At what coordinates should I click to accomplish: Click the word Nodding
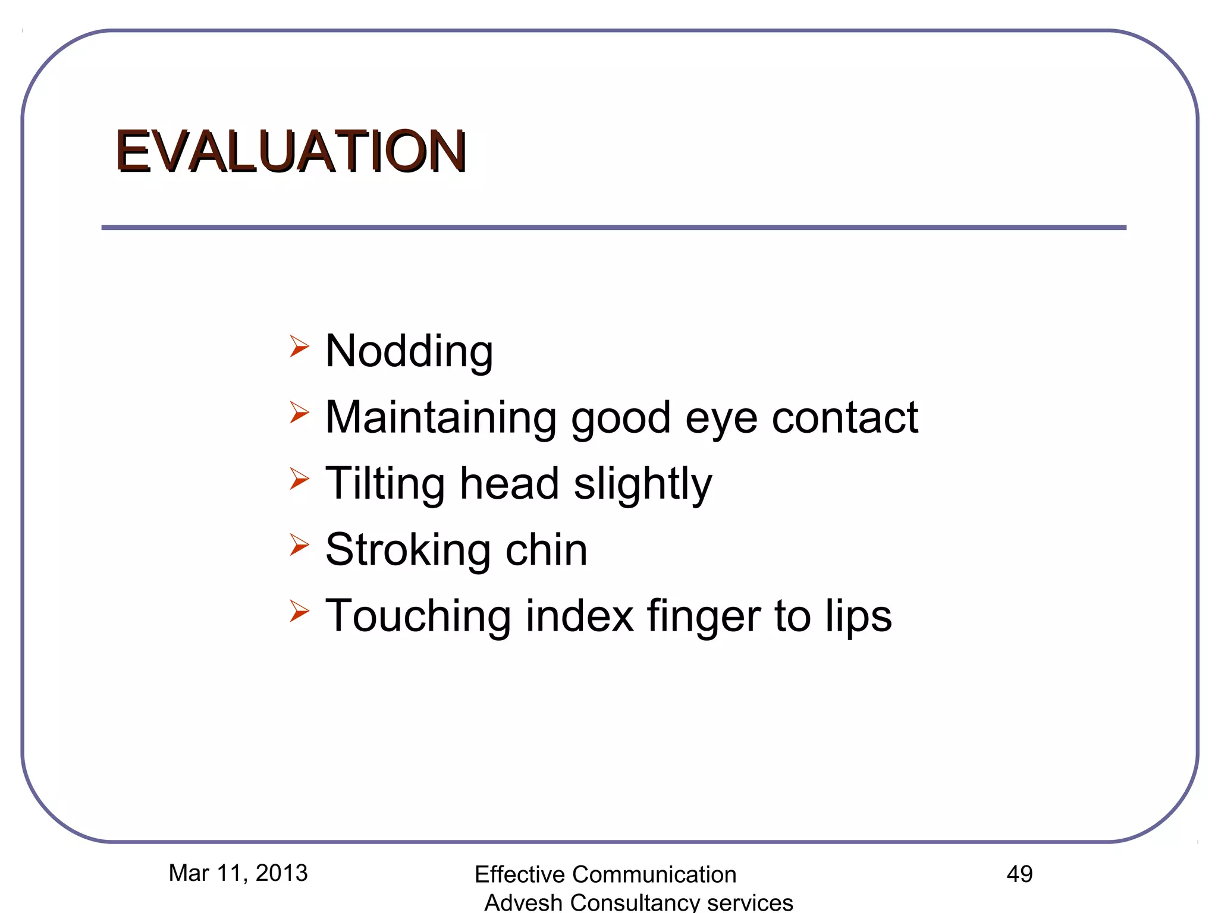point(409,352)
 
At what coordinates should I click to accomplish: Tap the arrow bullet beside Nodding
point(299,346)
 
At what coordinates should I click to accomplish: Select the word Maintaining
point(441,418)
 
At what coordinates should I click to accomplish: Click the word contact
point(845,417)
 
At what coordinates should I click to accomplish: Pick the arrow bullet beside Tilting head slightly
point(299,478)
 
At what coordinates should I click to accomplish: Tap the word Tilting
point(385,484)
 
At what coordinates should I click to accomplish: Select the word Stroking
point(407,550)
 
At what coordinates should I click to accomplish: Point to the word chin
point(546,550)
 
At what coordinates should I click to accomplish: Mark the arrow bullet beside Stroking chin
point(299,544)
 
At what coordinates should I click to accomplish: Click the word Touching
point(418,616)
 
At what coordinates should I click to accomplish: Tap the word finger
point(704,617)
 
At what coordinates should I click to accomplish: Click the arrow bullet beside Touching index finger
point(299,610)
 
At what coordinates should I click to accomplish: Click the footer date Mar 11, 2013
point(238,873)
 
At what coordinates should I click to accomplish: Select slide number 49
point(1019,874)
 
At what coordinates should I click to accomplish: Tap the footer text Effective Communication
point(605,874)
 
